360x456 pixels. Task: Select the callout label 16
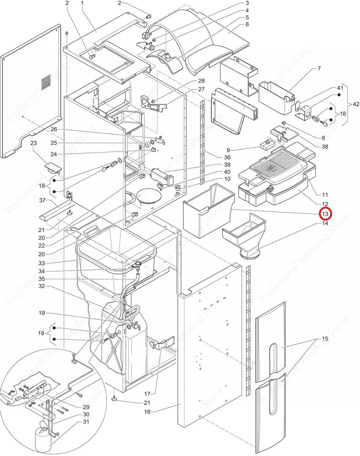[x=147, y=412]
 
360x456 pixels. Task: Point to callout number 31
[x=86, y=422]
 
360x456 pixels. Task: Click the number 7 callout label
[x=319, y=69]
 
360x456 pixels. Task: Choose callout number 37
[x=42, y=200]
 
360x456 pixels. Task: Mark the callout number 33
[x=42, y=263]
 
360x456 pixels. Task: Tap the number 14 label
[x=325, y=223]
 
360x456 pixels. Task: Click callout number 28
[x=201, y=81]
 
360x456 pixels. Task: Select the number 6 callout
[x=247, y=25]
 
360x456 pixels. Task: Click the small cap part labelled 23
[x=53, y=168]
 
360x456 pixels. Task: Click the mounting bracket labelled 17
[x=162, y=344]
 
